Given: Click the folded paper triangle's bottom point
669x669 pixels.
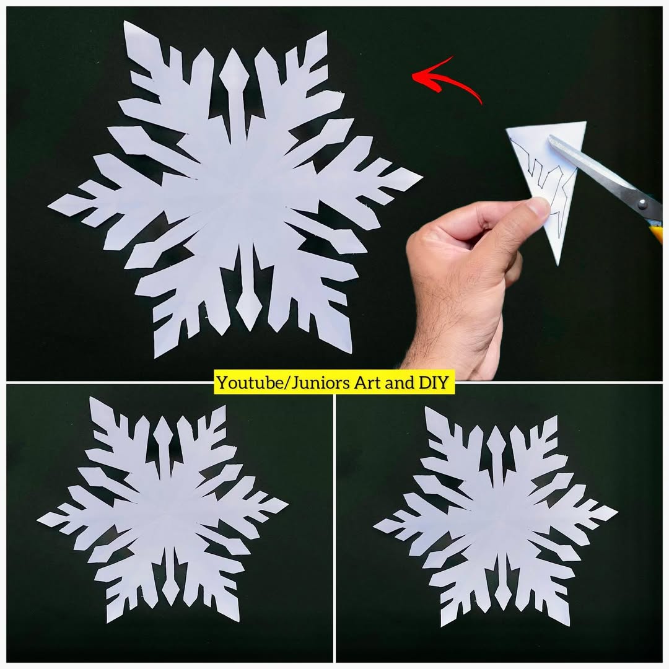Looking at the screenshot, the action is tap(557, 265).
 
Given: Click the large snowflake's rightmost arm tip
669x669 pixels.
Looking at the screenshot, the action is tap(422, 175).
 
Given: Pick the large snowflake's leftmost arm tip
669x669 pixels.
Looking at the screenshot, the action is tap(48, 206).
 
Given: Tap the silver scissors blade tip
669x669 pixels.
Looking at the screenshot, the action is tap(551, 139).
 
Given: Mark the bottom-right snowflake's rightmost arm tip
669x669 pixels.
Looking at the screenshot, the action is tap(618, 510).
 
